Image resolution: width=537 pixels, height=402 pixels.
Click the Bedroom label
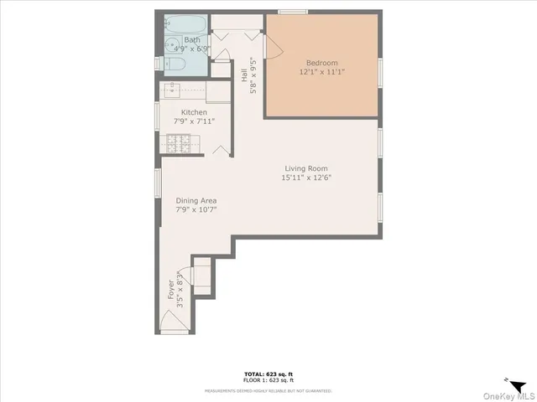point(323,63)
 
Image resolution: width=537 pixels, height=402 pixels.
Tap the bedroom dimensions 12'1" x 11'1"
point(323,72)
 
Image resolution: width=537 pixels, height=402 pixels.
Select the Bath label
point(192,39)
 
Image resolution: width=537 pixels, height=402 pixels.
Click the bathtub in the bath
point(181,23)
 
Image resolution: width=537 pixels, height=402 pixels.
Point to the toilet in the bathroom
point(177,64)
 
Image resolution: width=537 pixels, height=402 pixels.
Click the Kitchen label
point(194,112)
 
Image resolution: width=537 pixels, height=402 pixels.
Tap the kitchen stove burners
point(177,145)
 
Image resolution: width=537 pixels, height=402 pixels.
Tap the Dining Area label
point(196,200)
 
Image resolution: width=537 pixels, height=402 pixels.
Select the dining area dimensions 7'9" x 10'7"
point(196,209)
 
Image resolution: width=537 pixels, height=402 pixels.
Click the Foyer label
point(171,288)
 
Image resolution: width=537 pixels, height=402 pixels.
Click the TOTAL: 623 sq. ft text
point(268,374)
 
